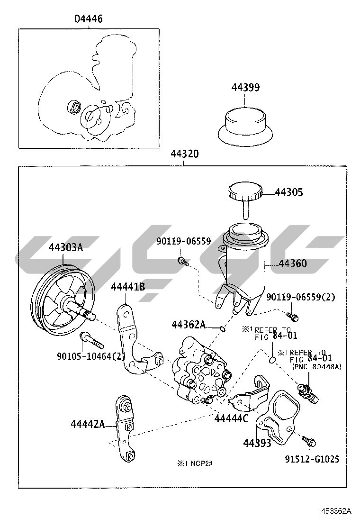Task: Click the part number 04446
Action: coord(88,19)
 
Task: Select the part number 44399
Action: coord(245,87)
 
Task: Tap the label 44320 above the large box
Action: coord(184,154)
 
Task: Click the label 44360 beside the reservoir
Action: coord(292,263)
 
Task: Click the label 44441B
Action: coord(128,287)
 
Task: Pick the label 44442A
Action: coord(88,424)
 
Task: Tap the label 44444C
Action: coord(231,418)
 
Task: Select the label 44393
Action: coord(257,443)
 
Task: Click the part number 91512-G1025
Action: coord(312,459)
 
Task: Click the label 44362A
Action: coord(189,325)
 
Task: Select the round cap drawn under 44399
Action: coord(245,124)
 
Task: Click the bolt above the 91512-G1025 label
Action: coord(309,441)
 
